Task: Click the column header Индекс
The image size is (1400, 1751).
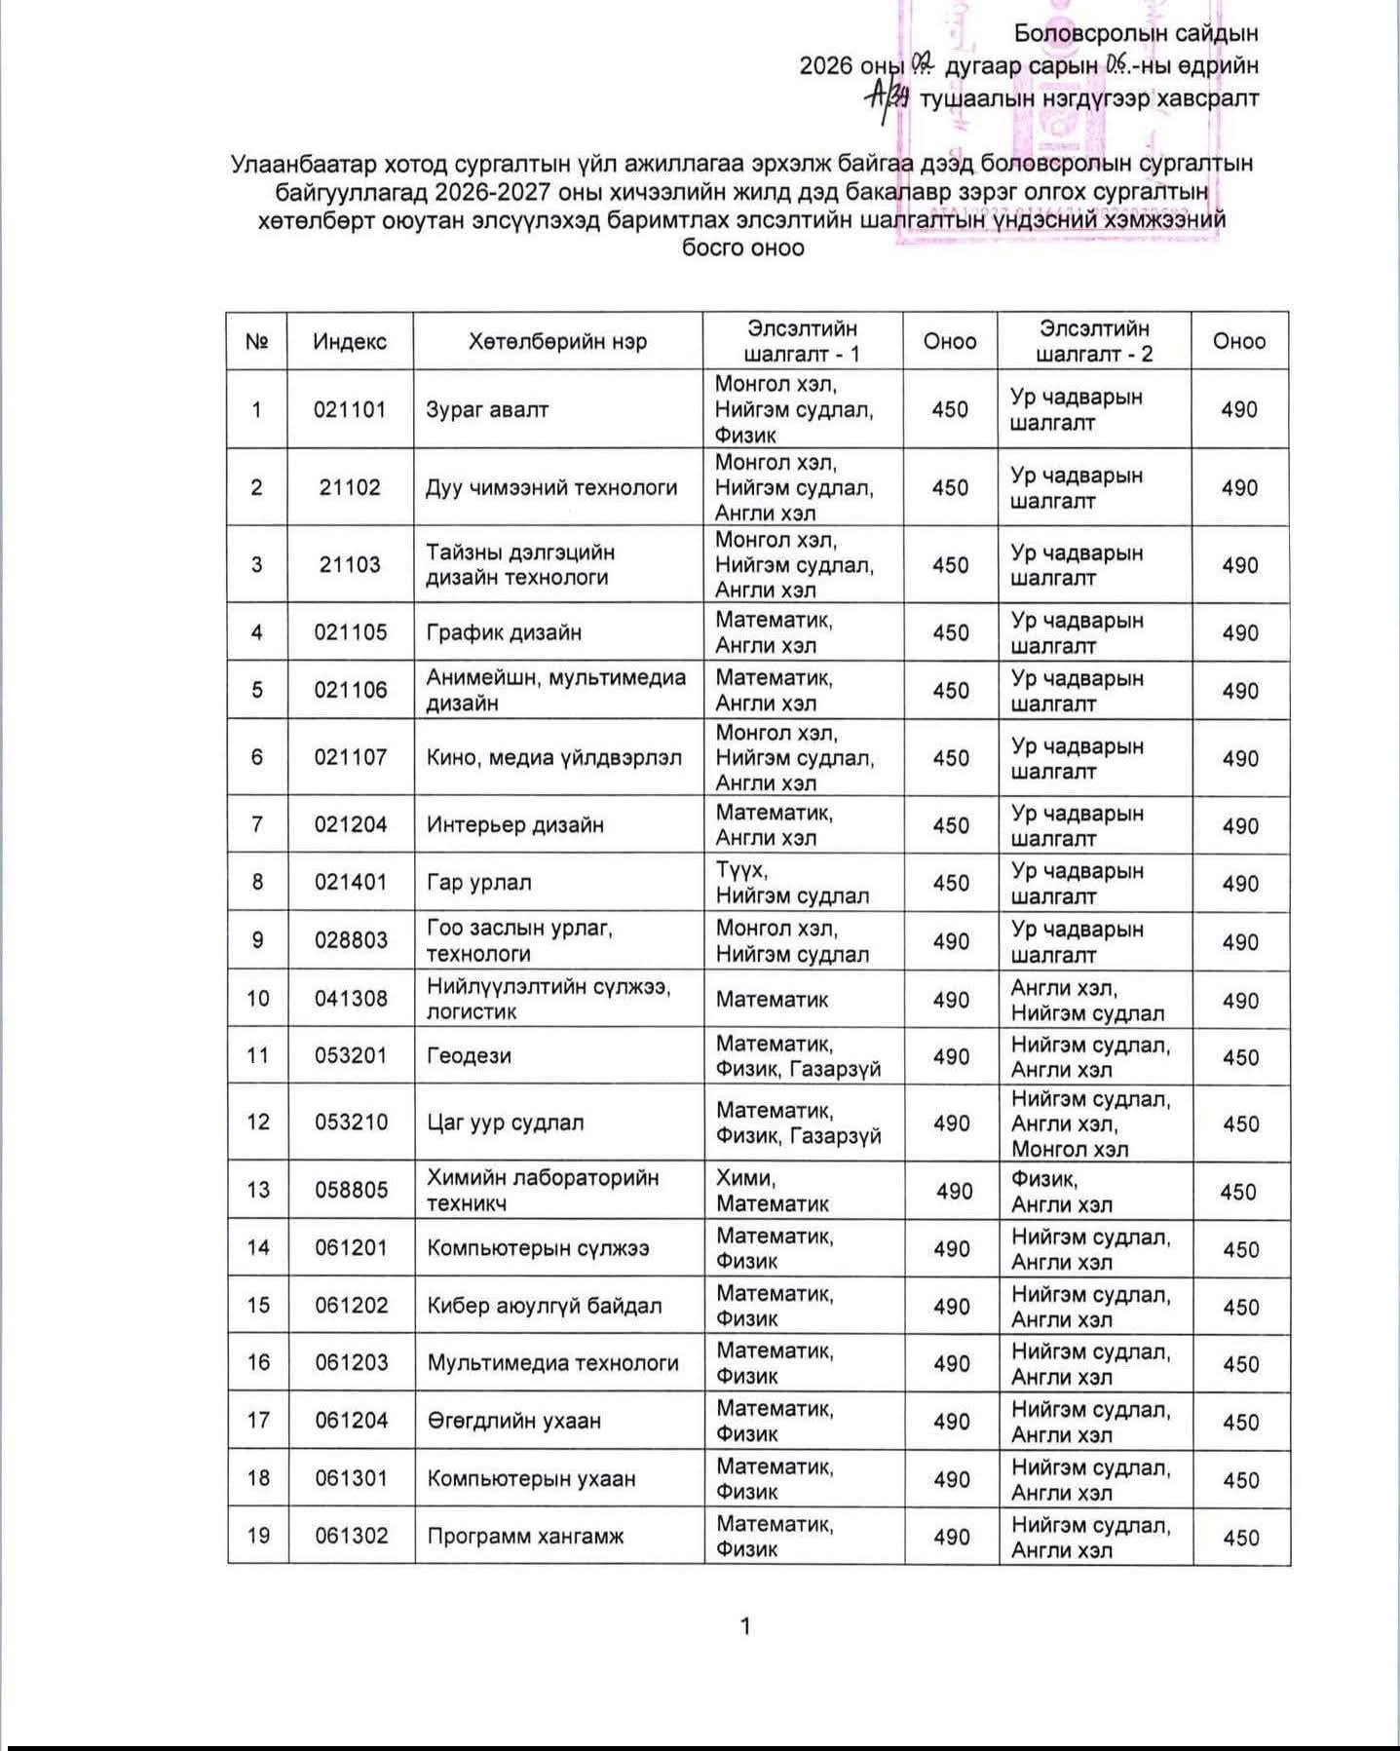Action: [350, 341]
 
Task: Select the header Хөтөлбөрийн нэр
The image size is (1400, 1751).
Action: [557, 341]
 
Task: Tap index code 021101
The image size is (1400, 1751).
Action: [350, 409]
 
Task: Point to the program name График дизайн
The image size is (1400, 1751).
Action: [504, 632]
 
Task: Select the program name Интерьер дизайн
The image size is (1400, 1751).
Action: [515, 824]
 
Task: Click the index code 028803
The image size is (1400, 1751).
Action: [351, 940]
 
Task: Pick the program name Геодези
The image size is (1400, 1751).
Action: [469, 1055]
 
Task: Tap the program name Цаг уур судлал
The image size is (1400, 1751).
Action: [506, 1123]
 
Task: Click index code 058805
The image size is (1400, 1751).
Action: [351, 1190]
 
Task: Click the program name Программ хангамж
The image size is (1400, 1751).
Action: [525, 1536]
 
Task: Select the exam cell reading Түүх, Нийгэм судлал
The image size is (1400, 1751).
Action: [792, 883]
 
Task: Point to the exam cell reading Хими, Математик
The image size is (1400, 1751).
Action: [772, 1190]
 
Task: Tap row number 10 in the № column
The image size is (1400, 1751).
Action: [257, 998]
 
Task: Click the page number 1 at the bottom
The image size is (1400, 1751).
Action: [745, 1626]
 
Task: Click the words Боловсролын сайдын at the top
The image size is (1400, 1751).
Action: [1136, 33]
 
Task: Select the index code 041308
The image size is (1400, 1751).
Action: [351, 998]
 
